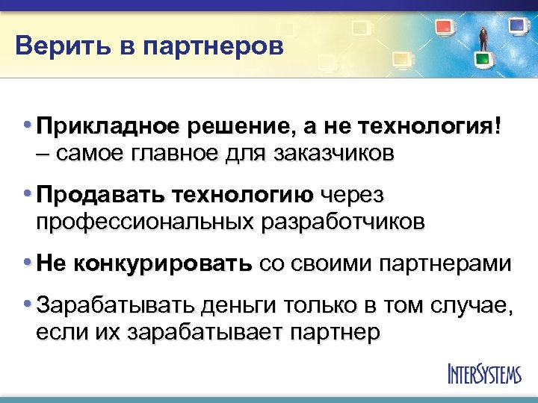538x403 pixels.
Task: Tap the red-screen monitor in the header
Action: [445, 29]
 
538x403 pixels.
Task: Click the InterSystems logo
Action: [483, 373]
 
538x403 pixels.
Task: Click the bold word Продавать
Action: [101, 196]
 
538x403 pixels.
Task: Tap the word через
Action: [350, 196]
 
